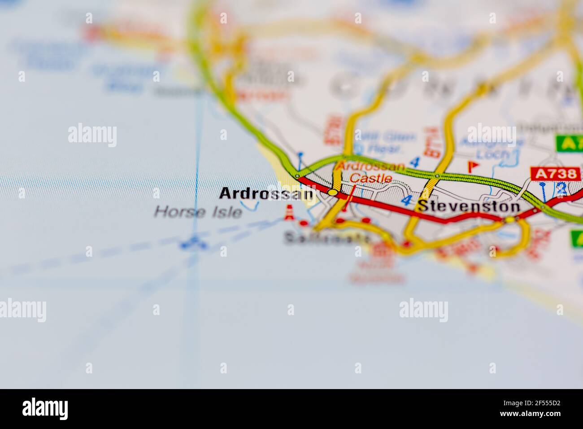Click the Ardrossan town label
266,194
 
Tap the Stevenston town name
469,206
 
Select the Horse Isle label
198,212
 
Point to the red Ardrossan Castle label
370,172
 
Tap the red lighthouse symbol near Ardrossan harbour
290,213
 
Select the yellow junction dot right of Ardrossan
332,193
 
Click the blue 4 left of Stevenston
406,201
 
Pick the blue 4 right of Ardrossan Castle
415,162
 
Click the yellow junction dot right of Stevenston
510,220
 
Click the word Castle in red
370,178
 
